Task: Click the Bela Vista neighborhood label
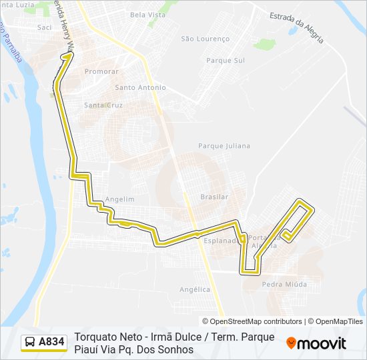click(147, 14)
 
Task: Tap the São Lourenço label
click(205, 39)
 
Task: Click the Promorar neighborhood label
click(101, 71)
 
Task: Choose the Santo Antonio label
click(140, 87)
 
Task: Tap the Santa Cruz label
click(103, 105)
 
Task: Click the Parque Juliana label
click(224, 145)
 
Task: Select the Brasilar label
click(214, 197)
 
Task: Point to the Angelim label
click(120, 199)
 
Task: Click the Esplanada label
click(220, 240)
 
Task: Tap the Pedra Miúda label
click(284, 284)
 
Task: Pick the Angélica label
click(195, 289)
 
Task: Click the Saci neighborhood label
click(45, 27)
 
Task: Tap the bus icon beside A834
click(31, 342)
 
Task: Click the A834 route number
click(52, 342)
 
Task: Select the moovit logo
click(316, 343)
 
